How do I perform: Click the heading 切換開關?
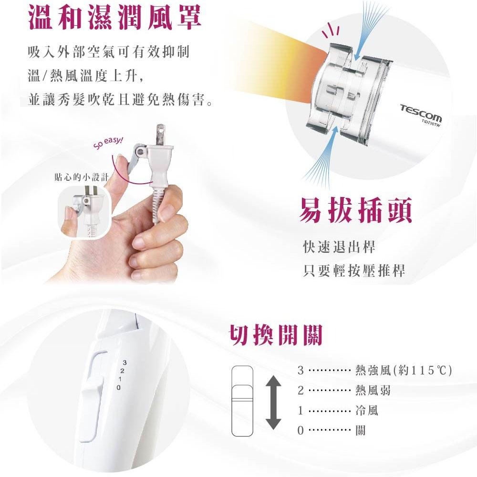tap(276, 336)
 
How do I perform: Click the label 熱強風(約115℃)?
tap(404, 371)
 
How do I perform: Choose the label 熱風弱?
tap(373, 391)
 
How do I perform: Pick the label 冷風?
tap(367, 410)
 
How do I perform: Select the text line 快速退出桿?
tap(339, 247)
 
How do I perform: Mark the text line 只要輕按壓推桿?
tap(354, 271)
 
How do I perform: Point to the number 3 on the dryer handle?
tap(124, 363)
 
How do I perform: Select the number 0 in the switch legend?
tap(300, 431)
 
